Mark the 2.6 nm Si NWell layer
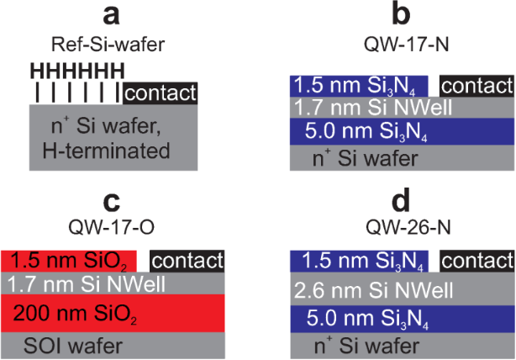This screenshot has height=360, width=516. click(x=401, y=291)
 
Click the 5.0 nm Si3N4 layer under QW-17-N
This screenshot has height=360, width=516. click(x=401, y=131)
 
